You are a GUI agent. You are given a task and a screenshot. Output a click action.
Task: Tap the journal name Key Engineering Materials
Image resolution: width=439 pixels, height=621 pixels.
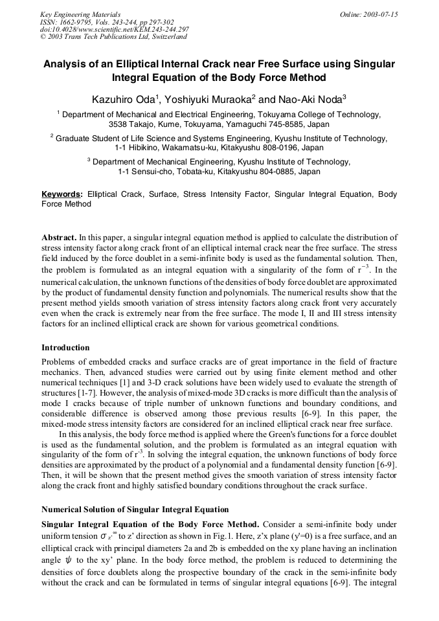80,14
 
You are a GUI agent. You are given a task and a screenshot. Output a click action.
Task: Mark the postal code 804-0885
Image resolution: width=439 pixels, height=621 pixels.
274,172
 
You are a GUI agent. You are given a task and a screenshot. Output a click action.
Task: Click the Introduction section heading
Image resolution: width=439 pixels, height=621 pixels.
65,348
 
